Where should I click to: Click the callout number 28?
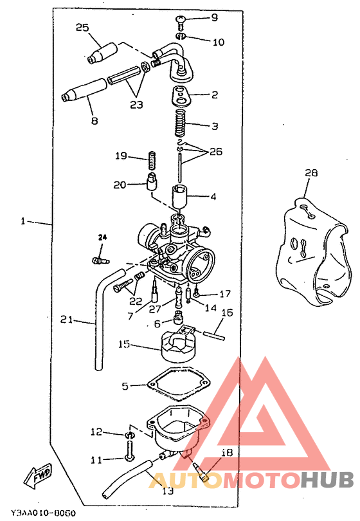[x=311, y=173]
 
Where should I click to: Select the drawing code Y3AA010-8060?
[x=43, y=513]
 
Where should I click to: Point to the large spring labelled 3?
[x=181, y=123]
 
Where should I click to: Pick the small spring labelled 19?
[x=152, y=160]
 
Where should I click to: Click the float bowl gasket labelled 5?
[x=179, y=385]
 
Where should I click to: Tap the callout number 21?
[x=66, y=320]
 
